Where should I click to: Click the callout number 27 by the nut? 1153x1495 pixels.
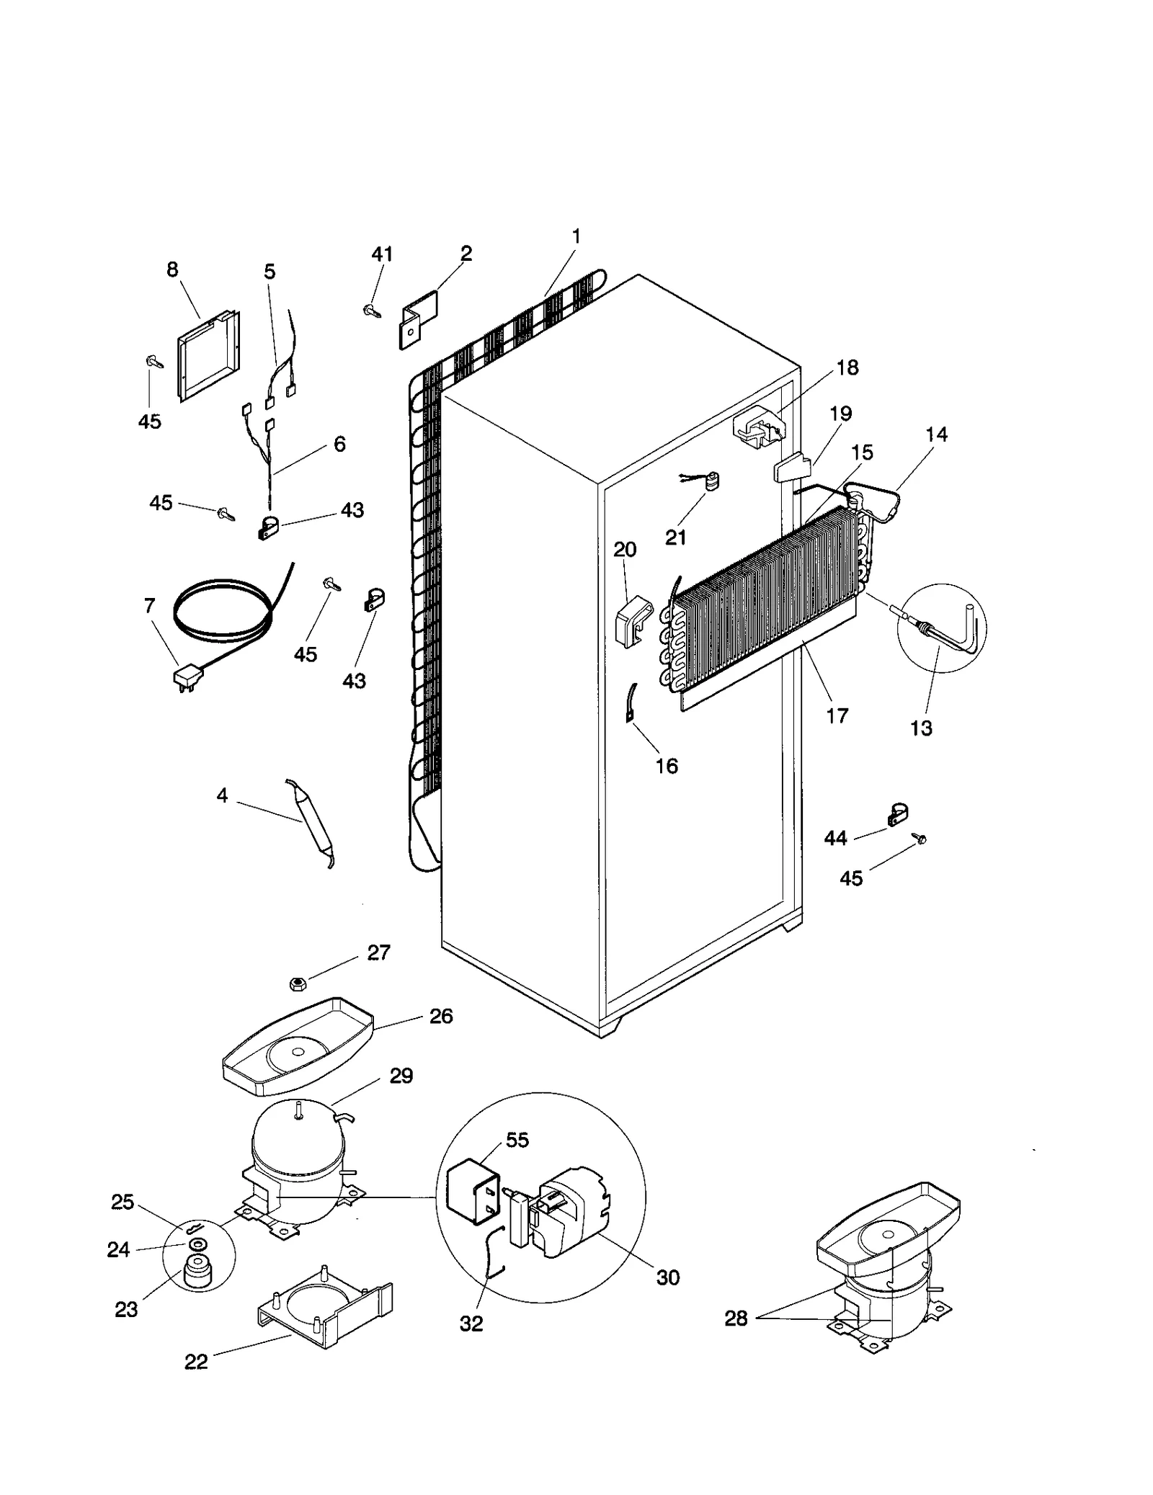coord(378,952)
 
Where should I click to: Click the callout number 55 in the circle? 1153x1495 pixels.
coord(517,1140)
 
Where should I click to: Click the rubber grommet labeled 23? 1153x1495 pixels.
coord(195,1273)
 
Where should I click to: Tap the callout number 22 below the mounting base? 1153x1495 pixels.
coord(196,1362)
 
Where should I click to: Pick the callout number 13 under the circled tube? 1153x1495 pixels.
coord(921,728)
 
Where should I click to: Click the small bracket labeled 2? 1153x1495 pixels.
coord(417,318)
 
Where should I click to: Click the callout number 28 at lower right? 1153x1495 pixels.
coord(736,1318)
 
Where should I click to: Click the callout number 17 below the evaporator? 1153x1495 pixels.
coord(837,715)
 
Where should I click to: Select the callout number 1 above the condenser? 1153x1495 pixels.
coord(576,236)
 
